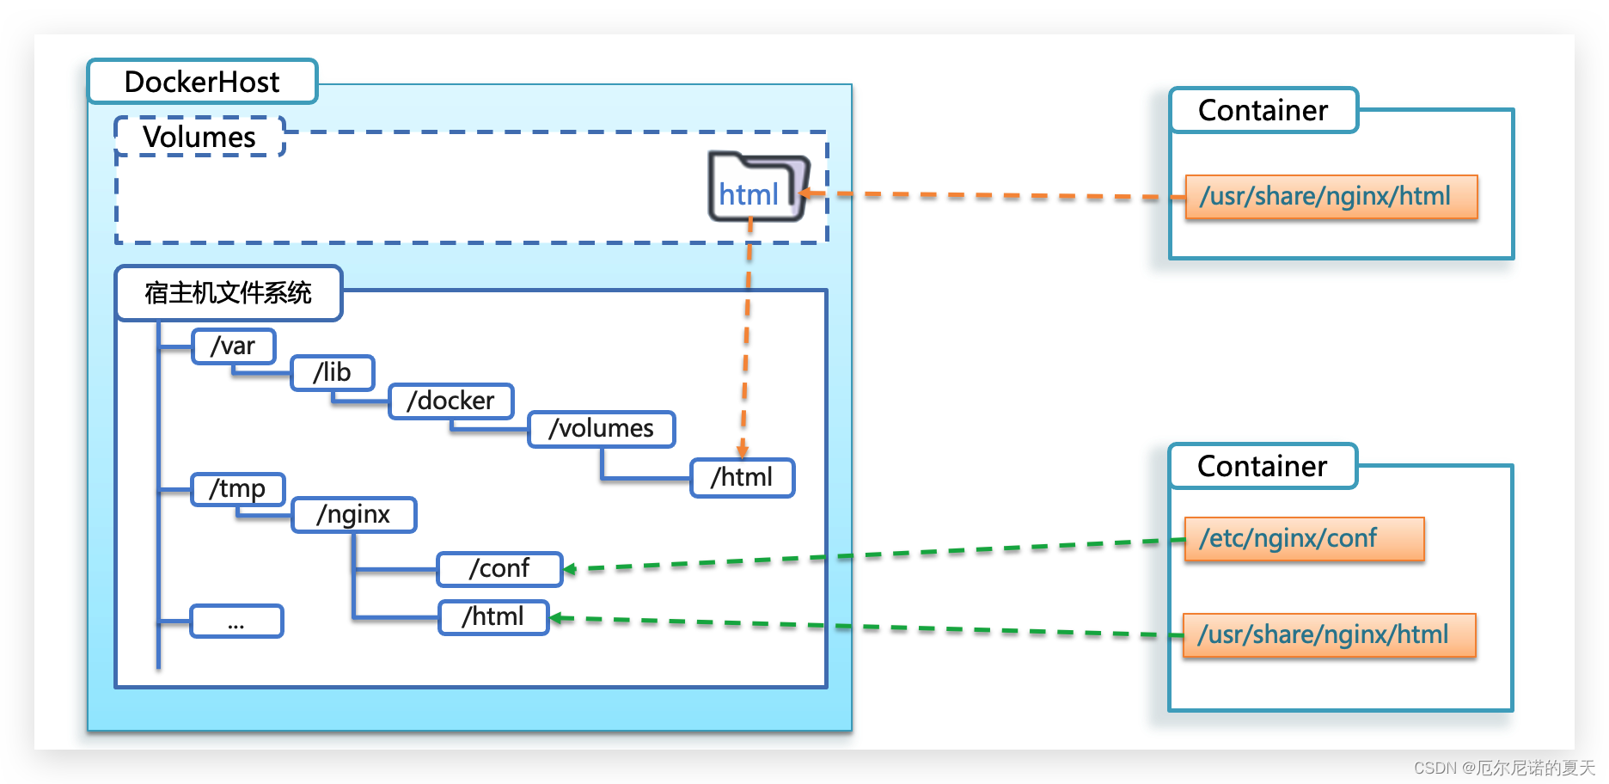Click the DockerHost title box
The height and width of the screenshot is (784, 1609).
click(202, 82)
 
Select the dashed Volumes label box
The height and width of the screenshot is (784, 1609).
click(199, 137)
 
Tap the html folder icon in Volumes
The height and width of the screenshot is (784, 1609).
click(756, 188)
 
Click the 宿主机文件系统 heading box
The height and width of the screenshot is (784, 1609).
click(229, 293)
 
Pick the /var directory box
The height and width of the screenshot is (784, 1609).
click(233, 346)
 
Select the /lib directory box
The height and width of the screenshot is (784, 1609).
click(332, 372)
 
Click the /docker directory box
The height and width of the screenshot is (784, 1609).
click(450, 401)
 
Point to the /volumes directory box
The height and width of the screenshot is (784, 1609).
click(601, 428)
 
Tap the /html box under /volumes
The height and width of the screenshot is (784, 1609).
click(742, 477)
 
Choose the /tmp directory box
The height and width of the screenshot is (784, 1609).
click(237, 488)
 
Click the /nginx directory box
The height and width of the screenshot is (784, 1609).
click(353, 514)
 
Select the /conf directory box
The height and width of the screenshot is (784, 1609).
click(499, 568)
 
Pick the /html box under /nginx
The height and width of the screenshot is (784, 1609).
click(492, 616)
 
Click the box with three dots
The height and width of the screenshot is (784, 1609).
click(236, 621)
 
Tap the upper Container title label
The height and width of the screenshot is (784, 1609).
click(1263, 110)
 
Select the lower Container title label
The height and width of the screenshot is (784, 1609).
click(1262, 466)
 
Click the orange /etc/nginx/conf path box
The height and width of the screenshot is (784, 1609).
click(1303, 538)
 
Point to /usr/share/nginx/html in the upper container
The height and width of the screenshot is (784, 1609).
click(1331, 197)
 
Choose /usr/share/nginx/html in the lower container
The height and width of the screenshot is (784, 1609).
click(1329, 635)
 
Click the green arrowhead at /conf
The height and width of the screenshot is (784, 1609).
click(569, 569)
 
